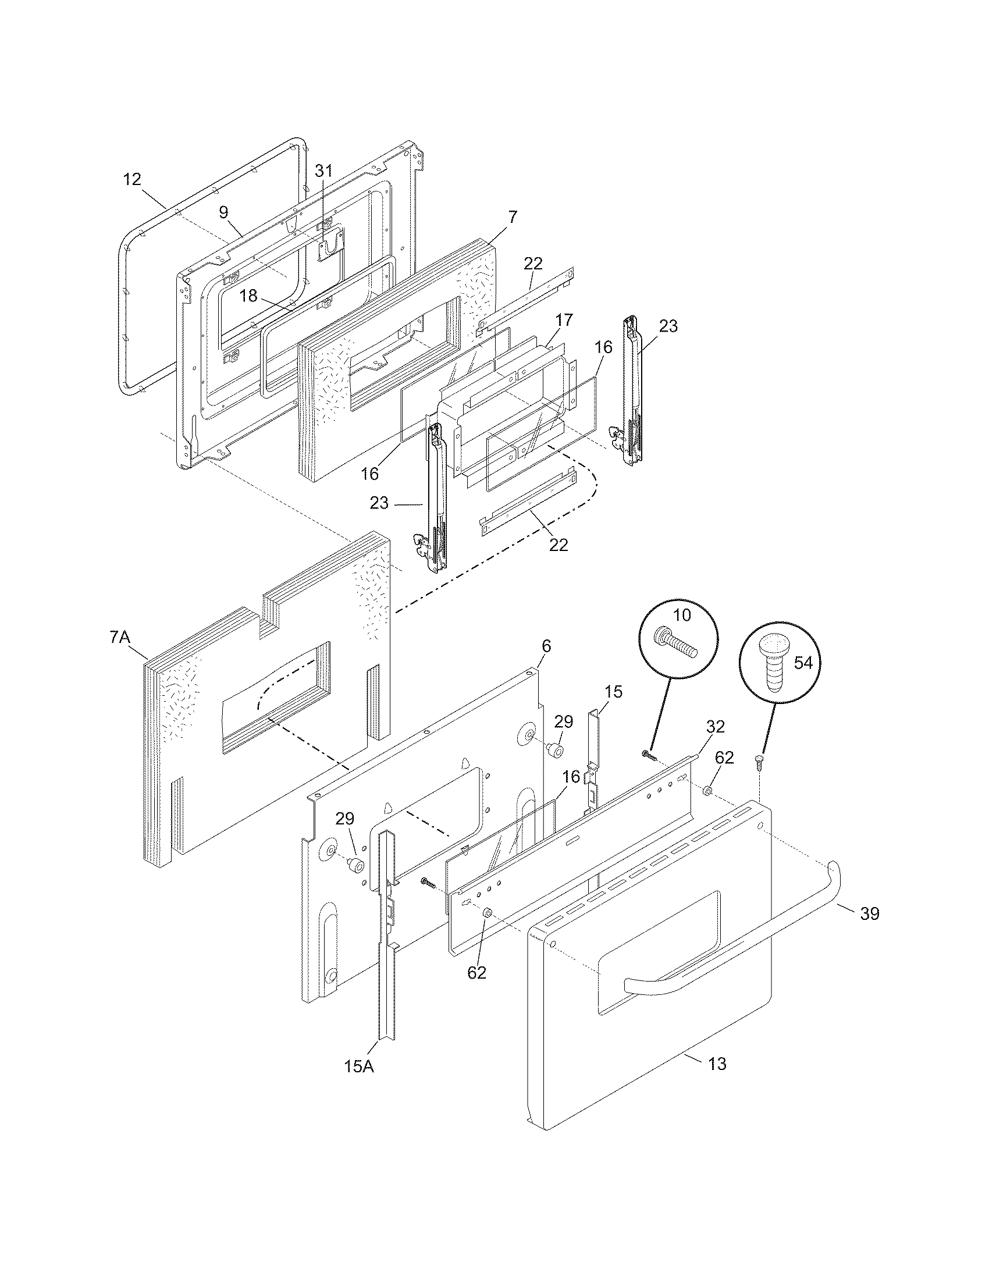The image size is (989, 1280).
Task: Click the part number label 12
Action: [133, 179]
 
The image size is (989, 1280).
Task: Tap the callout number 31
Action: [323, 170]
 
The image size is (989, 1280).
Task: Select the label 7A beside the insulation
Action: [119, 637]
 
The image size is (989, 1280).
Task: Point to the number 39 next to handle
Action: [870, 913]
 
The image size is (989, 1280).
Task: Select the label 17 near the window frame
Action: [565, 320]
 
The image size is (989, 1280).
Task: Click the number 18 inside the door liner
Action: [249, 296]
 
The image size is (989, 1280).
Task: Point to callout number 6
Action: [546, 646]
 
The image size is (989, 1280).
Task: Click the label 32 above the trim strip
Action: [716, 727]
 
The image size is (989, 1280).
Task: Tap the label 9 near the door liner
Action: [224, 212]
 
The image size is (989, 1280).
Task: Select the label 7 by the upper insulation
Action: [513, 217]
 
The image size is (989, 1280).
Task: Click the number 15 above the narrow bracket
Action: [613, 691]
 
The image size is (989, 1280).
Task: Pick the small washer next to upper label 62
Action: [707, 792]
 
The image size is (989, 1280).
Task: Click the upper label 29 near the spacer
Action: [564, 721]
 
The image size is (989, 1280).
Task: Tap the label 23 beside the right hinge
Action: [668, 326]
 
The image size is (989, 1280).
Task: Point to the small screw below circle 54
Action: [757, 762]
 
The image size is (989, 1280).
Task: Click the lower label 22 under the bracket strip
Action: [558, 545]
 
